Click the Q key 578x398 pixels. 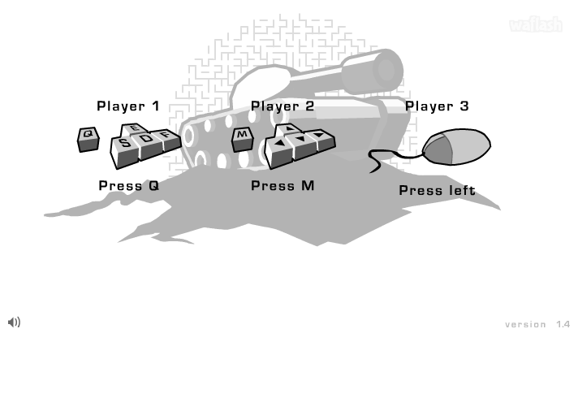click(88, 136)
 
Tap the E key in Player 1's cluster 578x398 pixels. click(135, 129)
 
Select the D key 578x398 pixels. click(147, 139)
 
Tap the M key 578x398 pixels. click(242, 136)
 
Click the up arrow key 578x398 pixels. click(288, 130)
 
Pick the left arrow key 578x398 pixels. click(279, 145)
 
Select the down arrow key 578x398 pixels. click(301, 140)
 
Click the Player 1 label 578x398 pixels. click(128, 106)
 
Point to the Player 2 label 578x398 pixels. click(283, 106)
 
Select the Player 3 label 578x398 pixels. click(437, 106)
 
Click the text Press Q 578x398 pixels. click(129, 185)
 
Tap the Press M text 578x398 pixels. click(283, 185)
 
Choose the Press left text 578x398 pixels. click(437, 190)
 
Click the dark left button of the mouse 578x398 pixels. click(438, 150)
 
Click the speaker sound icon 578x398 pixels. click(14, 322)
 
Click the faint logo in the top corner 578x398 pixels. click(535, 25)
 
